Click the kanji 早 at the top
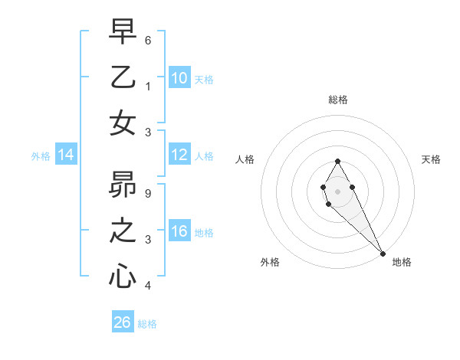click(123, 32)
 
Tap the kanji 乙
click(123, 78)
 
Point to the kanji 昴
click(123, 186)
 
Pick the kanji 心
click(123, 277)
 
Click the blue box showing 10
click(179, 78)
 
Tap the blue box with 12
click(179, 155)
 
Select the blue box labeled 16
click(179, 232)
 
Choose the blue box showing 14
click(65, 155)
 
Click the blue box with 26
click(122, 322)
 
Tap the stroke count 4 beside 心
click(148, 286)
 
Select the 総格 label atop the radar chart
click(337, 100)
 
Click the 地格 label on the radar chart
click(402, 262)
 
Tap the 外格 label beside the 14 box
click(41, 156)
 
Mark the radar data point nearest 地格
click(383, 254)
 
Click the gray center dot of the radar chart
click(337, 190)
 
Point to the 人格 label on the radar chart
click(245, 159)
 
